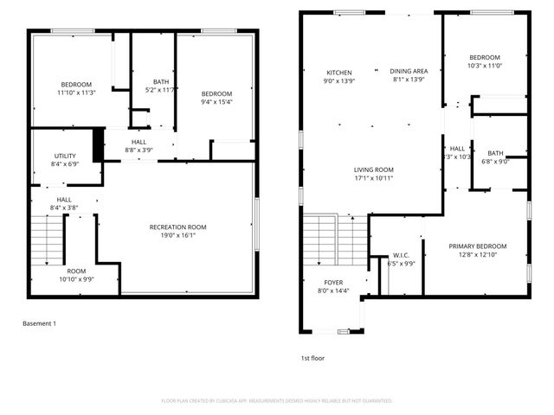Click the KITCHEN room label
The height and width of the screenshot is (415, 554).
[338, 72]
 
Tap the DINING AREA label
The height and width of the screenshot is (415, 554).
[409, 72]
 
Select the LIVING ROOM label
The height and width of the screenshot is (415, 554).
[373, 169]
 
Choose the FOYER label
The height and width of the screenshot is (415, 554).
[333, 283]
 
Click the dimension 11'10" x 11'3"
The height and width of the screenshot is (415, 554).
[75, 93]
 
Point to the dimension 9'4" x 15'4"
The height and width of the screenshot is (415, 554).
[216, 102]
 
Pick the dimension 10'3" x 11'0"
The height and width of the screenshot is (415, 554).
[485, 66]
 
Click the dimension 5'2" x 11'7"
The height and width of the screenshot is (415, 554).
[161, 90]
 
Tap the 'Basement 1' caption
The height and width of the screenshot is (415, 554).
[39, 323]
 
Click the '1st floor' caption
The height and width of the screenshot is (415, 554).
[313, 357]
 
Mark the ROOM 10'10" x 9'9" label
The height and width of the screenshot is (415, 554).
[76, 275]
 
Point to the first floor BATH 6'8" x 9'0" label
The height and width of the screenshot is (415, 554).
[495, 156]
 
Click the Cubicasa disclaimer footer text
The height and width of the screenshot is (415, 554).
[277, 400]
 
